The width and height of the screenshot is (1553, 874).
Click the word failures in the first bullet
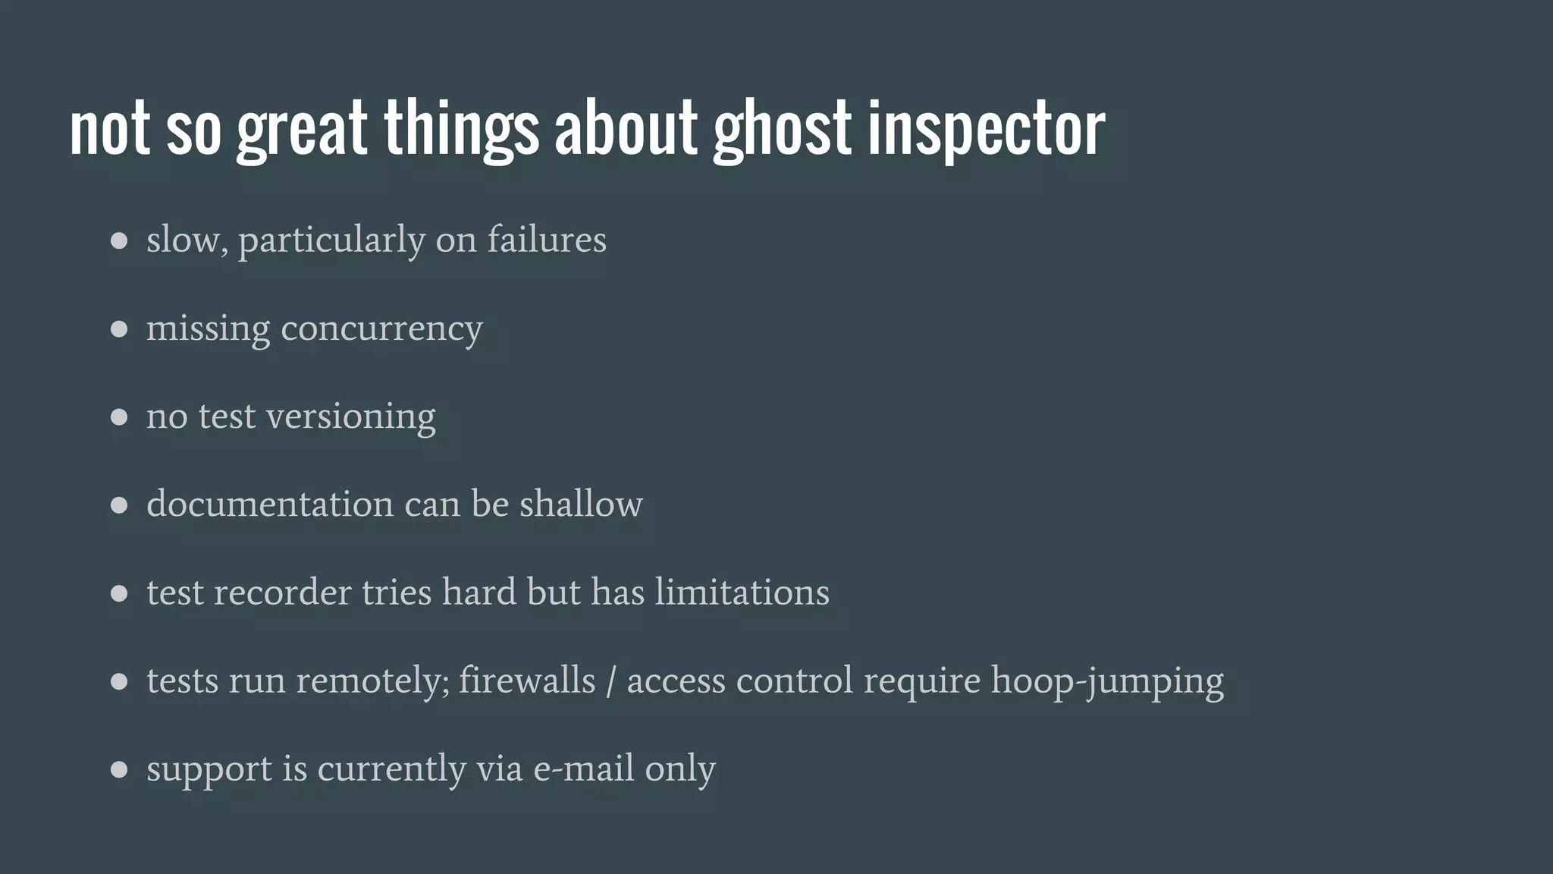click(x=547, y=240)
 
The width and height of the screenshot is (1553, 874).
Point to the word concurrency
click(x=381, y=329)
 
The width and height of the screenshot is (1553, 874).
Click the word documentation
click(x=269, y=504)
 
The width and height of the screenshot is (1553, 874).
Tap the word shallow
click(x=581, y=504)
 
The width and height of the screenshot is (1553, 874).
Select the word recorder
click(x=282, y=593)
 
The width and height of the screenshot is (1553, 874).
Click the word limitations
click(x=742, y=593)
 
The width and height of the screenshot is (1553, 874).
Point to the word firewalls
click(x=527, y=681)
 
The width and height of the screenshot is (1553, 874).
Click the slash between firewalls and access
click(x=610, y=681)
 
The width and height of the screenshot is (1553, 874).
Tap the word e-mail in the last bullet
click(x=584, y=769)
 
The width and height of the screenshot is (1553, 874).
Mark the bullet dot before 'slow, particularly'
click(x=119, y=241)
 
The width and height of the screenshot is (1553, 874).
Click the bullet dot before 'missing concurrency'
click(x=119, y=329)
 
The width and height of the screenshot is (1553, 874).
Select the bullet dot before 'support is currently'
click(x=119, y=770)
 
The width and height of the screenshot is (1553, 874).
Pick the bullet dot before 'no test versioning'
click(x=119, y=417)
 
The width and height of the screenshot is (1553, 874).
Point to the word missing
click(x=208, y=329)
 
